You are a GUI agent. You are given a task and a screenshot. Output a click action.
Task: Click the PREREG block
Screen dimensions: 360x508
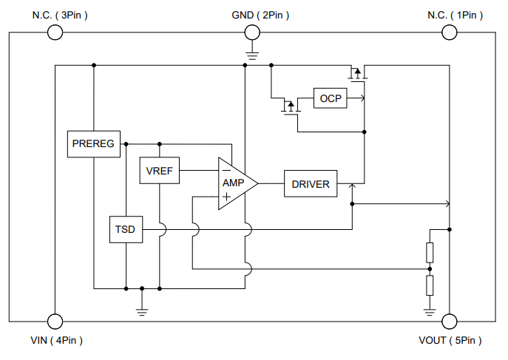point(95,143)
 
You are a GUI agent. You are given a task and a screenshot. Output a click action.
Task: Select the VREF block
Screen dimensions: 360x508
point(159,171)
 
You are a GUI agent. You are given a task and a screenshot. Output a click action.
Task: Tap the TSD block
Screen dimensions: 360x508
point(125,230)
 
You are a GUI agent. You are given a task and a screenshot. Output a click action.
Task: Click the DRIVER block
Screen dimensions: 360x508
point(311,183)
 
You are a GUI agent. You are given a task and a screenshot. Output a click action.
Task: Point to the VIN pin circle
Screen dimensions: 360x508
point(55,321)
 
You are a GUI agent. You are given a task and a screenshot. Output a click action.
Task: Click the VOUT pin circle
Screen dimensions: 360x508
point(449,321)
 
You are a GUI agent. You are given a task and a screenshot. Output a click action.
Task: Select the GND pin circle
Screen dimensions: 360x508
point(251,32)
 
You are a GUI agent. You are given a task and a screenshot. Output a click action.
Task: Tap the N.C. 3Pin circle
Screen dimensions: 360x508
point(55,32)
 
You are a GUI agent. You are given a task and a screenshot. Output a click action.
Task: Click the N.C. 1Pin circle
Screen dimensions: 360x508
point(449,32)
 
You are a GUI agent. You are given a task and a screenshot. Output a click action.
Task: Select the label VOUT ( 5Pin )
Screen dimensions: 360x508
point(450,341)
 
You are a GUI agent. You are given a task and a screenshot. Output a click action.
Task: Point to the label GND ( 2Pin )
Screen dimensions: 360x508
point(256,15)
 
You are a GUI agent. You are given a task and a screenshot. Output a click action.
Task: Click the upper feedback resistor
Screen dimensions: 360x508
point(430,253)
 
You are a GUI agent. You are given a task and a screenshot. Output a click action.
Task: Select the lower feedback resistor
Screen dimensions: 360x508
point(430,285)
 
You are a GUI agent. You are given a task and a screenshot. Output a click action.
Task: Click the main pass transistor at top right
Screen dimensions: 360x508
point(357,73)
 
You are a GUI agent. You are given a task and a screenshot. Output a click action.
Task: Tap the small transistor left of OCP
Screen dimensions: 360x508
point(289,107)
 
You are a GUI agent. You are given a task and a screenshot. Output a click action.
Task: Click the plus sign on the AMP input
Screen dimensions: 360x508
point(226,197)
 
